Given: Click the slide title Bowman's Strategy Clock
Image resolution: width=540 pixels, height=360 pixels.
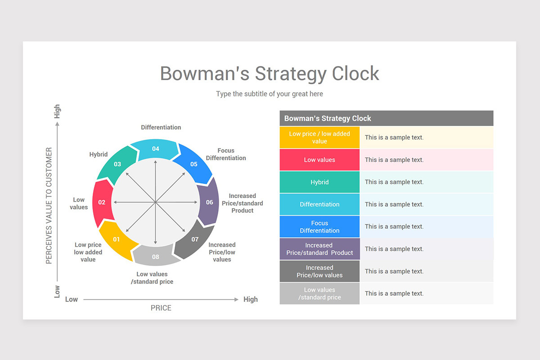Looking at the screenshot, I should [270, 73].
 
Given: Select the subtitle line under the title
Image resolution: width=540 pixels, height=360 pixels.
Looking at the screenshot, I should [270, 94].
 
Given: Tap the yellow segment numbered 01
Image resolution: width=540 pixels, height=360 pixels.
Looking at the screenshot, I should [117, 239].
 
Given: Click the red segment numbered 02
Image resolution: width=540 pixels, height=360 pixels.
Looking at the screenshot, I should [102, 202].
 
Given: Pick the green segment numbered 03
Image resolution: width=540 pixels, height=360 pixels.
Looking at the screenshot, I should [117, 164].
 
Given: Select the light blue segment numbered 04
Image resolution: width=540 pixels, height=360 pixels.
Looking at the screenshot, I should [156, 148].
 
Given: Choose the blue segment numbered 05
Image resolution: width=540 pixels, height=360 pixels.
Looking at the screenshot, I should [193, 164].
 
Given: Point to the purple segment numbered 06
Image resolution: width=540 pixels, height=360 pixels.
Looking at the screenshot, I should [210, 202].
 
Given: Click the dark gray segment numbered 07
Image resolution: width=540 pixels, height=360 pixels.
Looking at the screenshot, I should [195, 239].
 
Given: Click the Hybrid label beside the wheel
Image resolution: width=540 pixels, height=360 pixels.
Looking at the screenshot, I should [99, 154].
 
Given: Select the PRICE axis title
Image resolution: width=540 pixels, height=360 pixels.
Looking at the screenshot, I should [161, 308].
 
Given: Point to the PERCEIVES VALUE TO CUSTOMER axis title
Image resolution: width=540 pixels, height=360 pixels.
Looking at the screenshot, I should [49, 206].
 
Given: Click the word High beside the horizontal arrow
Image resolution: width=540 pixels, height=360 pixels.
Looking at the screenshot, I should [251, 299].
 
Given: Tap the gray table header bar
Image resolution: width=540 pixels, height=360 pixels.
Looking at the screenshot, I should [386, 118].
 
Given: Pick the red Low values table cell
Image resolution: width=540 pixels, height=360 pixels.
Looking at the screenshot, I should [319, 160].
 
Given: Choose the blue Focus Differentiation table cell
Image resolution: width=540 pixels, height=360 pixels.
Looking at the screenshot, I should [319, 227].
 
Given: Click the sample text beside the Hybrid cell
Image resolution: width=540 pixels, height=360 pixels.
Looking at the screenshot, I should [394, 182].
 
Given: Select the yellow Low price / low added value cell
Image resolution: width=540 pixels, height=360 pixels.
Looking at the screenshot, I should [319, 138].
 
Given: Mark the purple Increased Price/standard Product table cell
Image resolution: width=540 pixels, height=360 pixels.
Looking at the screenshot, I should [319, 249].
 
